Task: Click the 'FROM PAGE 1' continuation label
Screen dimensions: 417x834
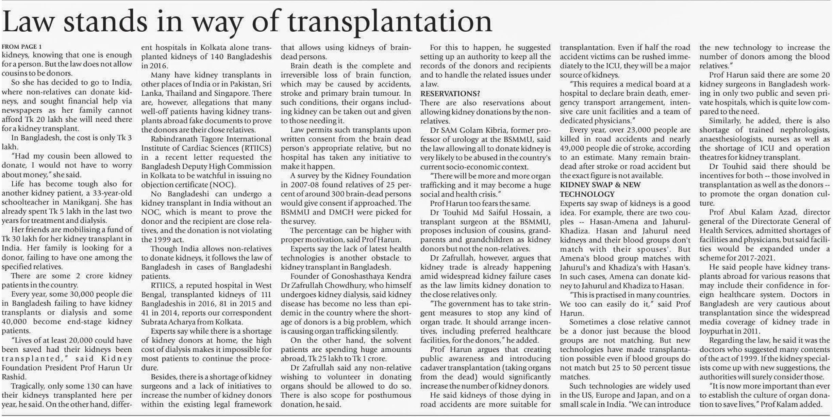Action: tap(22, 47)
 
